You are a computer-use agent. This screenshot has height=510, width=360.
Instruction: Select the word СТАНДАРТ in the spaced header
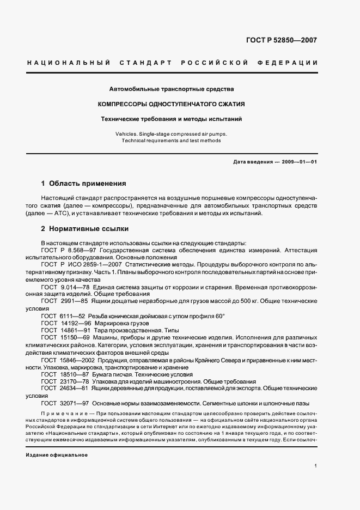(142, 63)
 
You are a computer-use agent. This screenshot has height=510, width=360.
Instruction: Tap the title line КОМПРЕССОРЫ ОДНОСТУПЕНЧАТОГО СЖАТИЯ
(171, 103)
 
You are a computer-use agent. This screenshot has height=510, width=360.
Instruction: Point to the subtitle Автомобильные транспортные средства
(171, 88)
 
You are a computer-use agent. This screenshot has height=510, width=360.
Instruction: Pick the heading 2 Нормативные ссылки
(83, 229)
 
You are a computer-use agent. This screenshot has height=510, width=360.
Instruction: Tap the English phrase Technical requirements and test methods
(172, 141)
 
